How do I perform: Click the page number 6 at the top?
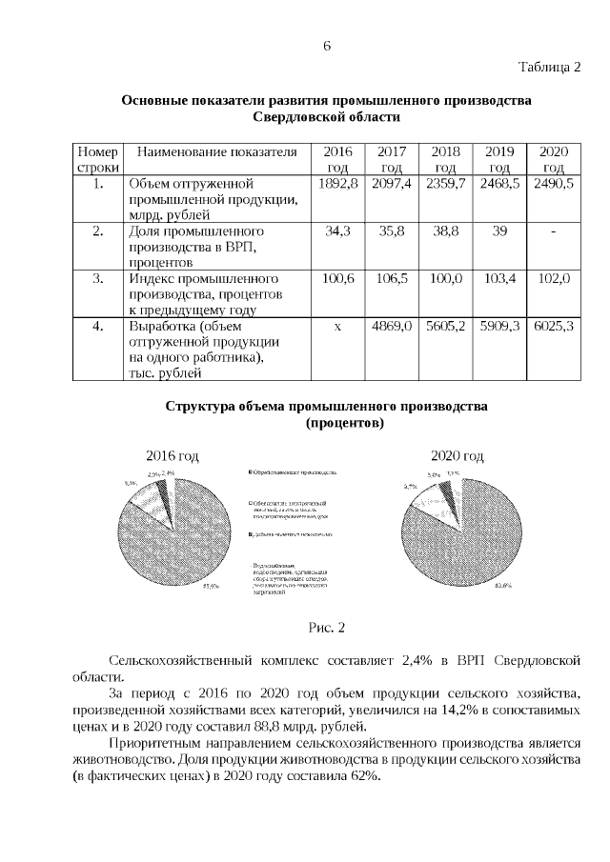click(x=326, y=45)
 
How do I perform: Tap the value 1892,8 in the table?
click(x=337, y=183)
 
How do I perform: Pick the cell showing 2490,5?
click(x=554, y=183)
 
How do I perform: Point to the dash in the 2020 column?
click(x=554, y=231)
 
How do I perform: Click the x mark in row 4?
click(x=337, y=327)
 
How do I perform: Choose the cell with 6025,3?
click(x=554, y=327)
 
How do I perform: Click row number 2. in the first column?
click(x=97, y=231)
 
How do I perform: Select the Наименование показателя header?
click(x=212, y=152)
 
